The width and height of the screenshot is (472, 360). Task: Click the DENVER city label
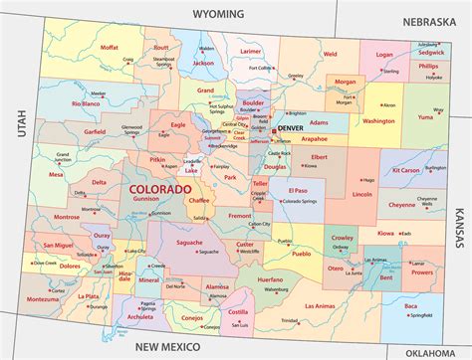pyautogui.click(x=291, y=128)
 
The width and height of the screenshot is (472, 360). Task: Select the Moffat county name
pyautogui.click(x=110, y=47)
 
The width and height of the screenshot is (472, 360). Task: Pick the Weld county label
pyautogui.click(x=330, y=55)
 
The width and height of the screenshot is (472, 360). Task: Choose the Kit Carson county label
pyautogui.click(x=406, y=170)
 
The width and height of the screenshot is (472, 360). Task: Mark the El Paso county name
pyautogui.click(x=298, y=189)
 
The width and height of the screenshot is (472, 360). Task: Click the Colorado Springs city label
pyautogui.click(x=303, y=202)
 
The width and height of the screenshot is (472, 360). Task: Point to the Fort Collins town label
pyautogui.click(x=261, y=69)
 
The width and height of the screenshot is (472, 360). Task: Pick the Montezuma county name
pyautogui.click(x=43, y=298)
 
